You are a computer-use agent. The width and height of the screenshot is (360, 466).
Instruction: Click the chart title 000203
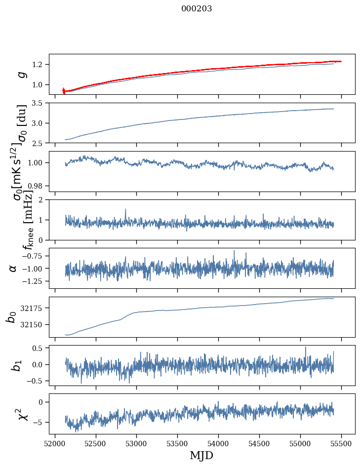tap(197, 9)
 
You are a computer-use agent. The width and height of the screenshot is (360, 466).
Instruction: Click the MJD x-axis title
tap(201, 456)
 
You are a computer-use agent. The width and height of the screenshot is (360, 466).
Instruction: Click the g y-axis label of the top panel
tap(21, 74)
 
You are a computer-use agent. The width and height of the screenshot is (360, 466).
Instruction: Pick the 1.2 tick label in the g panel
tap(39, 65)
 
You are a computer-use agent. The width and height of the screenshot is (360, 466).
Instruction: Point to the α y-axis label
tap(13, 268)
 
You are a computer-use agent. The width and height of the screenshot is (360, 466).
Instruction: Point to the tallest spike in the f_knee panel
tap(125, 209)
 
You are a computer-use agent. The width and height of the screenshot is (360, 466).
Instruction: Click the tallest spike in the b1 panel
tap(305, 347)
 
